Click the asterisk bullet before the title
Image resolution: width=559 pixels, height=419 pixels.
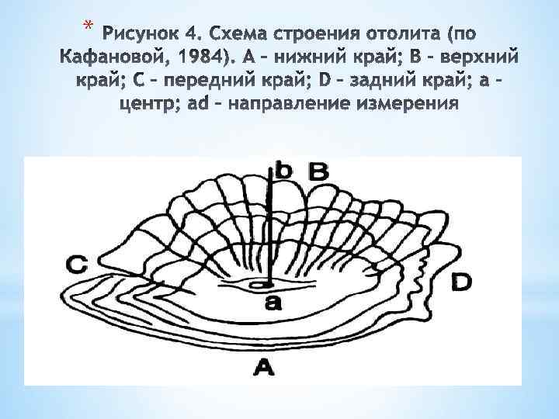88,29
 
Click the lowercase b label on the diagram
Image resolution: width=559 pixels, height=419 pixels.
283,171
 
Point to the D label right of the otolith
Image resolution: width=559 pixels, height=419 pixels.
460,282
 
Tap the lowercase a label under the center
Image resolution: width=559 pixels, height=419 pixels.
273,303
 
